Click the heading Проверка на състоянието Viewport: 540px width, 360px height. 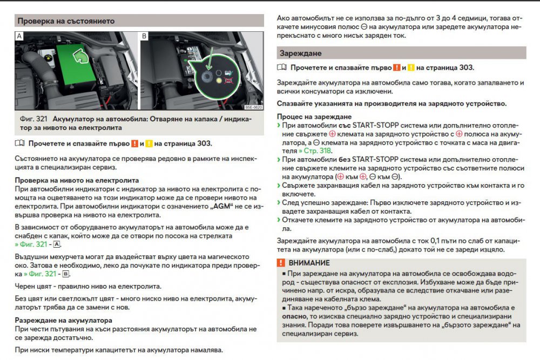point(65,21)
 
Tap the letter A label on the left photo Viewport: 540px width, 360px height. point(20,36)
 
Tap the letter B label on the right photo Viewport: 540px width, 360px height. point(144,36)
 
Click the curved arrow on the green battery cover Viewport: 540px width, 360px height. point(82,56)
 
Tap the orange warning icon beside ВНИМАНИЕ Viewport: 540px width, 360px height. point(281,263)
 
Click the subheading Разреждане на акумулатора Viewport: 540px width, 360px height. point(63,320)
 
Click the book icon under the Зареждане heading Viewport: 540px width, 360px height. point(281,68)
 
